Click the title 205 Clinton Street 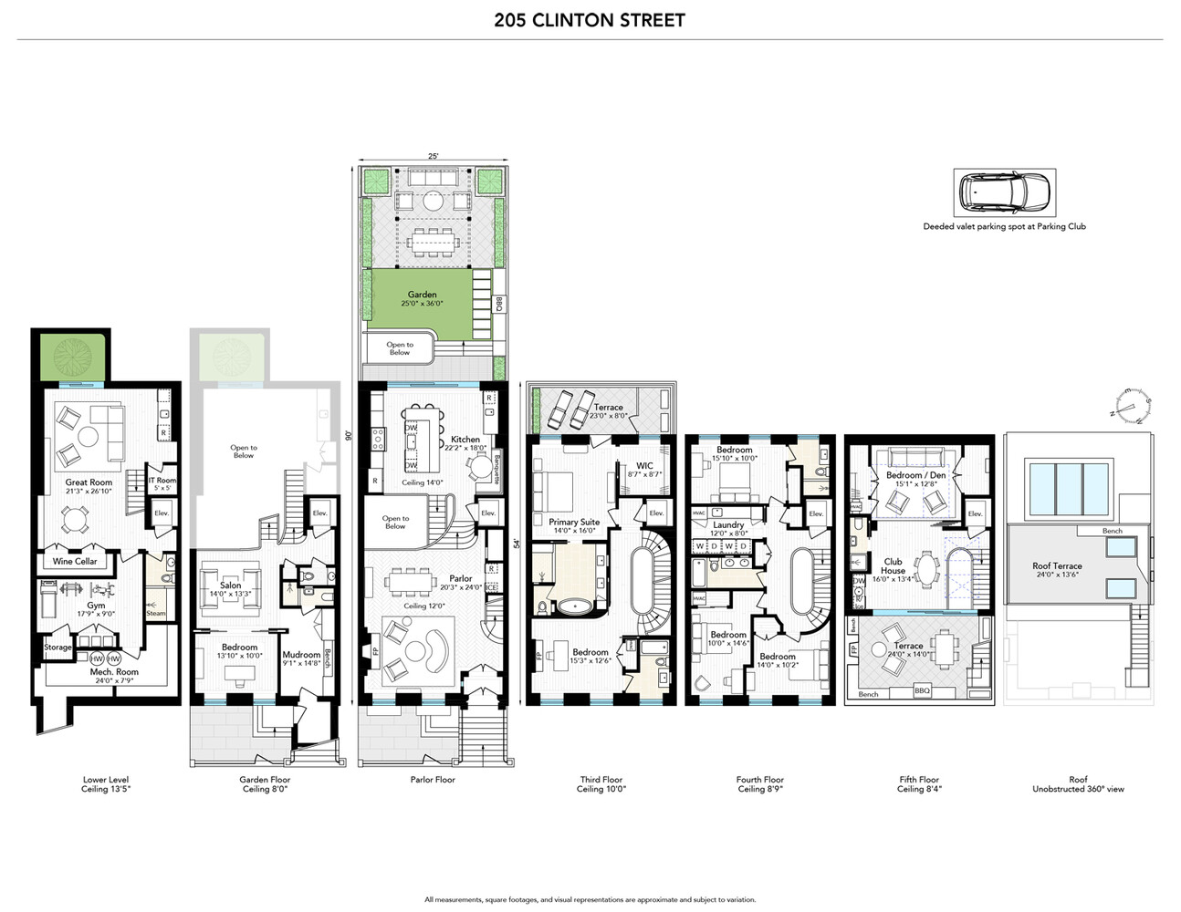590,20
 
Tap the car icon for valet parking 1004,192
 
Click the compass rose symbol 1130,407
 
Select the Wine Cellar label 75,561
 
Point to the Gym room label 96,605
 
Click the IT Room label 162,480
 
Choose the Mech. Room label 114,671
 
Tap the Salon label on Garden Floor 231,586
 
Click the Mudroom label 301,654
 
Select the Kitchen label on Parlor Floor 465,440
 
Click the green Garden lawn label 422,295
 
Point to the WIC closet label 644,466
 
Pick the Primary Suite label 574,523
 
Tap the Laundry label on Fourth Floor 728,524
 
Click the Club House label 893,565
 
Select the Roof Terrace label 1058,565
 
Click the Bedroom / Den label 915,475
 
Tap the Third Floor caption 601,780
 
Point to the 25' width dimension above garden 433,156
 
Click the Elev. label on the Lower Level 162,513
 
